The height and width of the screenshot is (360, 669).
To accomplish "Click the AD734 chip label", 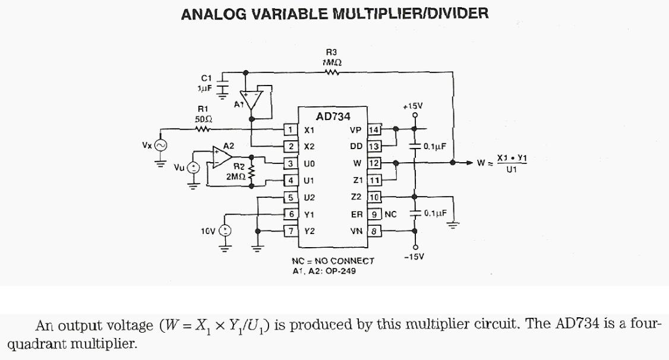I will [x=333, y=116].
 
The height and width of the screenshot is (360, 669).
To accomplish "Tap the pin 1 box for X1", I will [x=291, y=130].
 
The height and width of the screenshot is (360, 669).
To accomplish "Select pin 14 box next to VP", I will [x=374, y=130].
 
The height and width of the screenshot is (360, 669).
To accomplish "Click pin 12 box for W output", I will [x=374, y=163].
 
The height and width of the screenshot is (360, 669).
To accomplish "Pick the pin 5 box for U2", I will [x=291, y=197].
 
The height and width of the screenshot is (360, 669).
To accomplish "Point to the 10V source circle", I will [x=226, y=231].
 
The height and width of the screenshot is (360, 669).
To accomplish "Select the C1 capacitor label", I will [x=206, y=77].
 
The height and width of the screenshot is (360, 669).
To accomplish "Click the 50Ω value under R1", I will [x=203, y=119].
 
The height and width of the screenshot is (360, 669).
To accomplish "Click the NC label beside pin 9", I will [x=390, y=214].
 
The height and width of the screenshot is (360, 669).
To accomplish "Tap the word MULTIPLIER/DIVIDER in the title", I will [x=411, y=14].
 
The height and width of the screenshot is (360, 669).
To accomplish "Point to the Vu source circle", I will [x=193, y=168].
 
